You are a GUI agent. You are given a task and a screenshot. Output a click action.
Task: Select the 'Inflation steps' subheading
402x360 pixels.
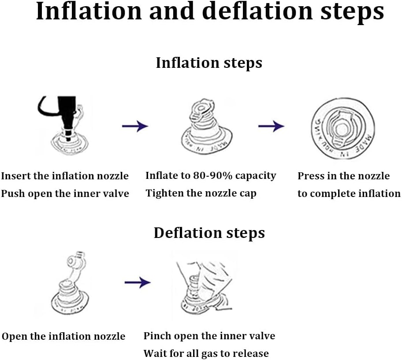point(209,63)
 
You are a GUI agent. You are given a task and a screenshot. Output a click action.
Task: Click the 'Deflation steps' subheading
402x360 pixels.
point(209,233)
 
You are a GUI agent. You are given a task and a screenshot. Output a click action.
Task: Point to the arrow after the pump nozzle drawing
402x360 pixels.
point(135,126)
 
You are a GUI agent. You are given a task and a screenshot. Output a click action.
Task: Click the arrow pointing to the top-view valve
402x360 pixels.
point(271,126)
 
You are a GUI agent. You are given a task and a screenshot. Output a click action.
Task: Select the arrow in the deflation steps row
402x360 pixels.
point(138,282)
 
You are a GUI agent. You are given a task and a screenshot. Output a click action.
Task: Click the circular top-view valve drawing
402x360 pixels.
point(343,129)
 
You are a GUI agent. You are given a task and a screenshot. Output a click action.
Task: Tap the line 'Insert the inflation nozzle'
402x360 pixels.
point(65,176)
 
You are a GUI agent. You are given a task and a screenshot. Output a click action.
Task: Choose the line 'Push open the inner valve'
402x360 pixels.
point(65,193)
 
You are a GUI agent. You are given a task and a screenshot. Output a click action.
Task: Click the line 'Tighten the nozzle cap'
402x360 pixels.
point(201,193)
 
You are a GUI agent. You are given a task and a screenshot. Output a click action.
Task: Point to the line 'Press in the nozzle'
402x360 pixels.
point(343,176)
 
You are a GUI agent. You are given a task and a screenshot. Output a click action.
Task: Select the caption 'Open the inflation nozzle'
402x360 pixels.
point(63,337)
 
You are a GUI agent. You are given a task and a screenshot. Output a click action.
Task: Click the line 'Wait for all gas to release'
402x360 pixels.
point(206,353)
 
